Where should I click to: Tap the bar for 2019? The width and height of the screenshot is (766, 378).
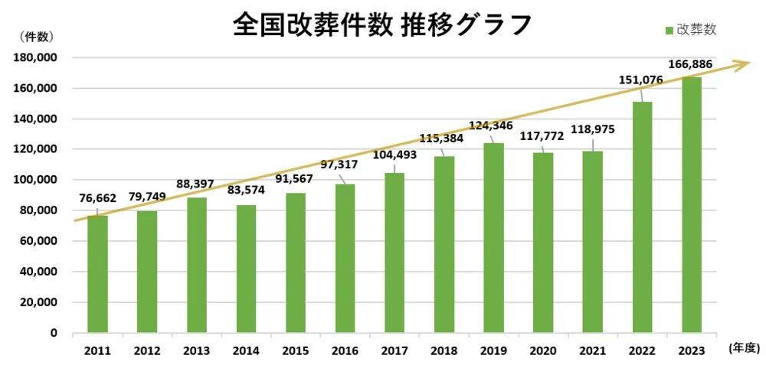pos(493,238)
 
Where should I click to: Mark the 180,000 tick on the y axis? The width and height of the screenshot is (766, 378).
pos(37,58)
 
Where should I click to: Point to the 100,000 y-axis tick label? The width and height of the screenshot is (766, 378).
pos(37,180)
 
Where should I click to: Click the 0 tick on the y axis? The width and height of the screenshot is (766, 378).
pos(54,333)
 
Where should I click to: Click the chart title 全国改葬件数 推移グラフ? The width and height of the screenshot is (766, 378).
pos(381,25)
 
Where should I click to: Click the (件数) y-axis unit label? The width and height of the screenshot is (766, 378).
pos(34,36)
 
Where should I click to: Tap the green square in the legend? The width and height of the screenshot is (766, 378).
pos(669,30)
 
